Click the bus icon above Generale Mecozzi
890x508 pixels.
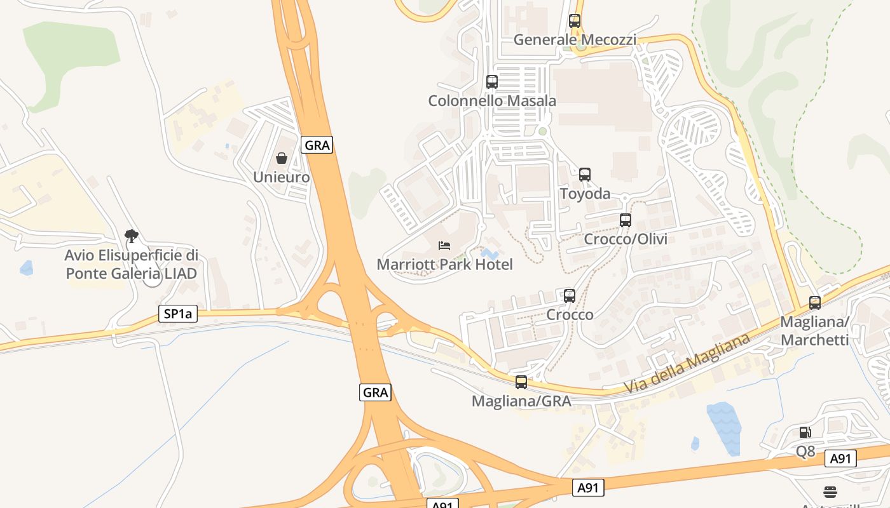(575, 20)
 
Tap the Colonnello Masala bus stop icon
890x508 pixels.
(492, 81)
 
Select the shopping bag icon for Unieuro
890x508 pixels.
(282, 157)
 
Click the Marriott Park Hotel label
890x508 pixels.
(444, 264)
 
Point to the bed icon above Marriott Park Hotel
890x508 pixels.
(444, 245)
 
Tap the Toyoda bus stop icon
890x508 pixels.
(585, 174)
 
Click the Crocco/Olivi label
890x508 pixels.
(626, 239)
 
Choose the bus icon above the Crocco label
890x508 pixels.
(570, 295)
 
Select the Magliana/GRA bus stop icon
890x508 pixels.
(521, 382)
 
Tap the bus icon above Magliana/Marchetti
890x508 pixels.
(815, 302)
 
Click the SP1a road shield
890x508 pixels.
(178, 314)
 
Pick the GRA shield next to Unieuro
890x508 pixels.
(317, 145)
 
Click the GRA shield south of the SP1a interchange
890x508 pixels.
(375, 392)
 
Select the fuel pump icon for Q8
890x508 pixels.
(805, 432)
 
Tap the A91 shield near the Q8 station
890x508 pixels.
(840, 458)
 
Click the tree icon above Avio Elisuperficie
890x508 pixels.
(132, 237)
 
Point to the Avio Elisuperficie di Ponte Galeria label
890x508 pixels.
(132, 265)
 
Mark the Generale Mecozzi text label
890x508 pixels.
(575, 39)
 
